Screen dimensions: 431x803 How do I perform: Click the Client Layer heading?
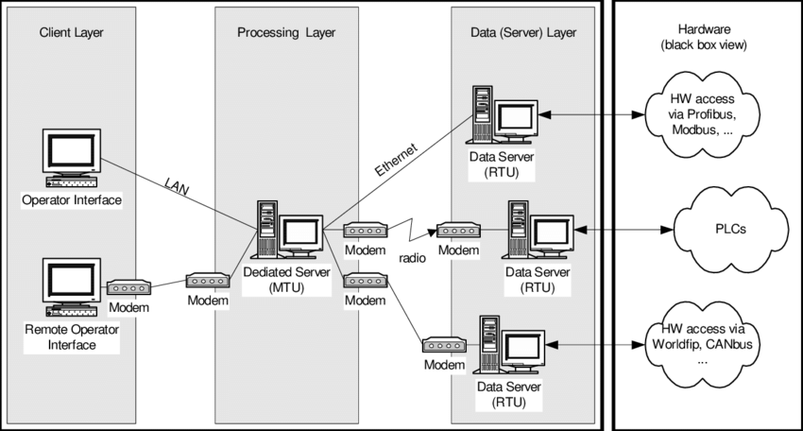coord(71,33)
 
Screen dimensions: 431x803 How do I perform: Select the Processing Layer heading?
coord(285,33)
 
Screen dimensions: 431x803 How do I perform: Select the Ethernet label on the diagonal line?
coord(392,157)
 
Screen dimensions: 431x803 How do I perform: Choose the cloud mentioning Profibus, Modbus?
coord(700,113)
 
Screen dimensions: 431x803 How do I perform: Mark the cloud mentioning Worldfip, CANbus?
coord(700,345)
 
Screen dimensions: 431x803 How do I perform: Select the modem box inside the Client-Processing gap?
coord(207,281)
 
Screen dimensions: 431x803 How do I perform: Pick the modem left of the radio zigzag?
coord(364,230)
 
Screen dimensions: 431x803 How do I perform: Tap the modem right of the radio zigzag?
coord(458,230)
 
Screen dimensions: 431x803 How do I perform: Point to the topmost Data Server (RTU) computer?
coord(504,115)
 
